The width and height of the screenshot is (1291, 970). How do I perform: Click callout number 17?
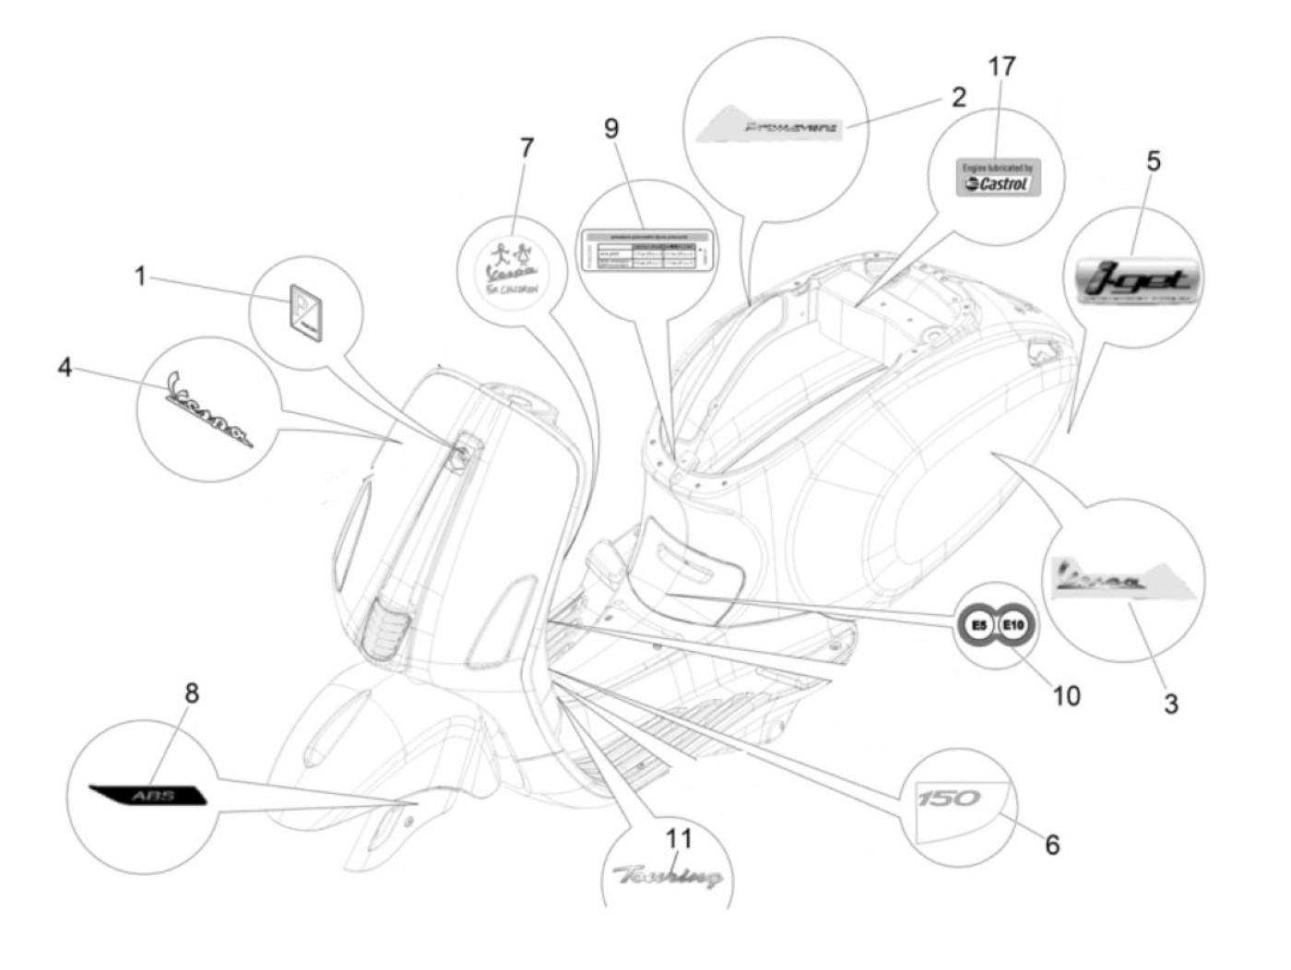click(1001, 67)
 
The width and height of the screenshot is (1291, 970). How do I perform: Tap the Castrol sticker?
click(997, 177)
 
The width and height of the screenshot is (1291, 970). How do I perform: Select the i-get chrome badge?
click(1139, 279)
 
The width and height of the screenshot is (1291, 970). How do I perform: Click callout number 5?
click(1154, 161)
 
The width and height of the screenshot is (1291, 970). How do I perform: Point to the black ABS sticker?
click(148, 795)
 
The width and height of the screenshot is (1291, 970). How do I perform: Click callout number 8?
click(192, 692)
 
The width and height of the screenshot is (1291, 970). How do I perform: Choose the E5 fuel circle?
click(978, 626)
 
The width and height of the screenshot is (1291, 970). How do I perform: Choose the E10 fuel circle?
click(1013, 626)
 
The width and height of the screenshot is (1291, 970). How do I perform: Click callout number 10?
click(1066, 695)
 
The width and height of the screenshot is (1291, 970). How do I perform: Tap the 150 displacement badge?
click(949, 798)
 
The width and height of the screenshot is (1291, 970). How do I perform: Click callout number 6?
click(1052, 844)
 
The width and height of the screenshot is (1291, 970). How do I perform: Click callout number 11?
click(679, 838)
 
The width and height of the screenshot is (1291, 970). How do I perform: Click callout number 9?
click(611, 128)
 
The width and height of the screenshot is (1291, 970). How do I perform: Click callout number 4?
click(65, 367)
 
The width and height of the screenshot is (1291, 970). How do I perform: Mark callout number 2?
click(959, 97)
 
